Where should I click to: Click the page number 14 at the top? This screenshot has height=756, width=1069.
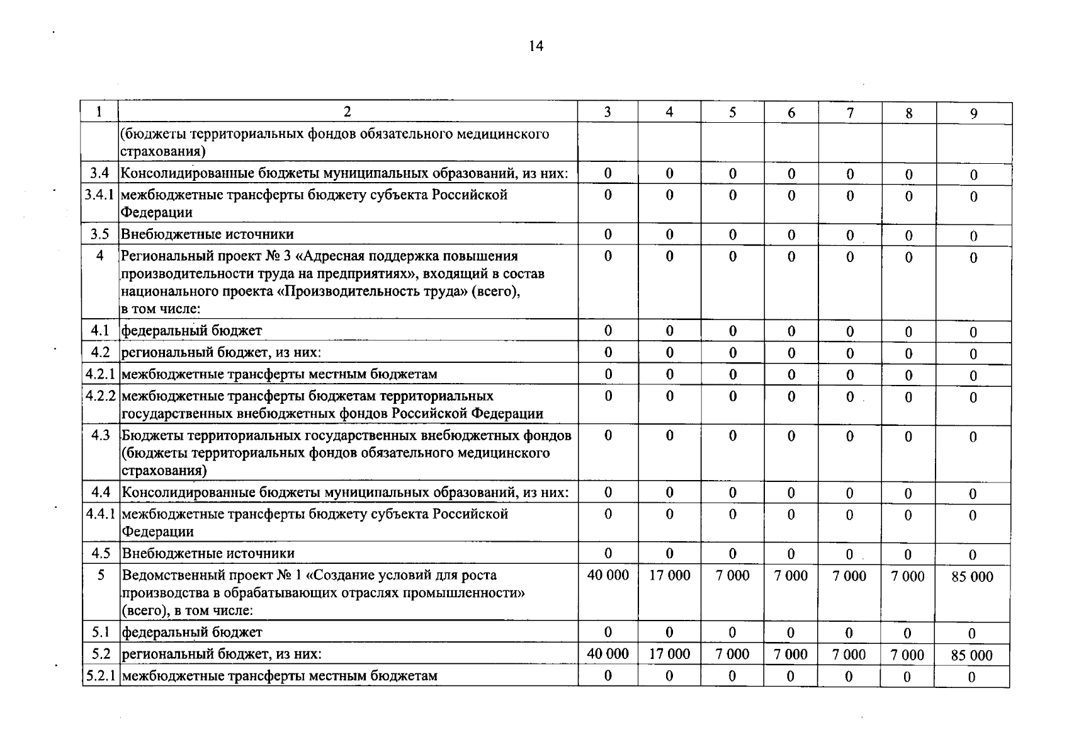coord(536,46)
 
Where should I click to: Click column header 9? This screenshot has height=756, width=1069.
coord(973,113)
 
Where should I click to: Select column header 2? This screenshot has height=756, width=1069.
coord(347,112)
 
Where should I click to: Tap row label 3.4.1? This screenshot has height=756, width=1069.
coord(99,195)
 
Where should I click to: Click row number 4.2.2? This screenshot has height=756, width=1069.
coord(101,396)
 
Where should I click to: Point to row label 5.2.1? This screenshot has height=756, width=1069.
coord(101,676)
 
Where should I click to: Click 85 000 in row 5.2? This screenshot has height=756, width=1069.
coord(971,655)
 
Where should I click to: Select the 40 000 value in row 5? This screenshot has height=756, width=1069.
coord(608,575)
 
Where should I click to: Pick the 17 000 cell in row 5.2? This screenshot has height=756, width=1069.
coord(669,654)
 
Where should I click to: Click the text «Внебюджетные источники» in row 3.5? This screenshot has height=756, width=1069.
coord(207,234)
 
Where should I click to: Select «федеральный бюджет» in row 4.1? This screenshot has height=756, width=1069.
coord(191,331)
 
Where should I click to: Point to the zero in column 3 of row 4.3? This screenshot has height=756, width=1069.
coord(608,435)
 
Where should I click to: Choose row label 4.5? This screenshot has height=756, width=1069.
coord(101,553)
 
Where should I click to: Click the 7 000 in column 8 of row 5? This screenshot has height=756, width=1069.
coord(907,576)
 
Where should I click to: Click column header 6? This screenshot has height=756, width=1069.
coord(791,113)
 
